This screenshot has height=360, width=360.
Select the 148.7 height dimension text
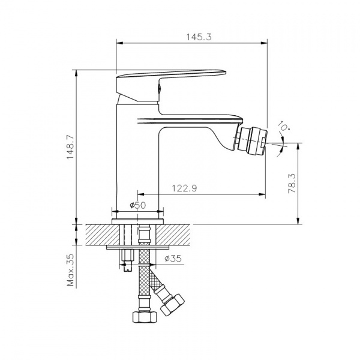pyautogui.click(x=71, y=147)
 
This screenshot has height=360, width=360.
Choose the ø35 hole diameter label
pyautogui.click(x=173, y=259)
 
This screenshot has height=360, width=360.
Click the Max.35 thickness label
pyautogui.click(x=71, y=270)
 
